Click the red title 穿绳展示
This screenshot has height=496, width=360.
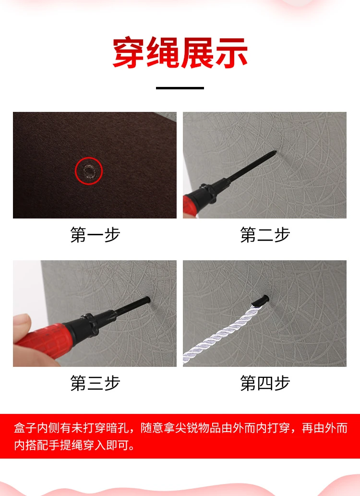coord(180,52)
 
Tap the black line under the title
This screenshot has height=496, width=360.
coord(180,88)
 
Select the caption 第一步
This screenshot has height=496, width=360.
coord(95,234)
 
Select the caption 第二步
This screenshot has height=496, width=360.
coord(265,234)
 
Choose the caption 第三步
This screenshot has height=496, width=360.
coord(95,383)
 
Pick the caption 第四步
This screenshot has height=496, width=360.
coord(265,383)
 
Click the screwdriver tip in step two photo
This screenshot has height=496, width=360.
coord(276,152)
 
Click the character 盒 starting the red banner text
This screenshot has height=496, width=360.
coord(20,428)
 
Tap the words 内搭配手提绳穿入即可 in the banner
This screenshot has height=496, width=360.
coord(75,445)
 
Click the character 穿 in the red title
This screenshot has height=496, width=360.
coord(129,52)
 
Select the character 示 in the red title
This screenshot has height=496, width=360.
coord(231,52)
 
